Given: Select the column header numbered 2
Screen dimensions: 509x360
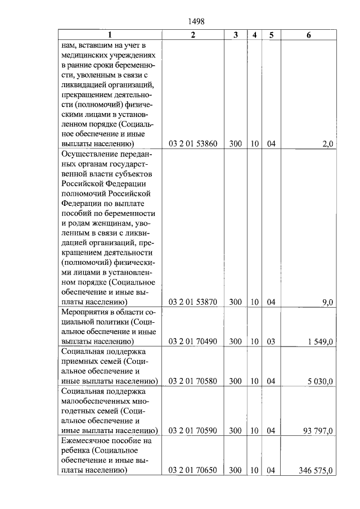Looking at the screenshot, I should coord(193,34).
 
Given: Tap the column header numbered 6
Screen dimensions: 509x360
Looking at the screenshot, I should coord(309,34).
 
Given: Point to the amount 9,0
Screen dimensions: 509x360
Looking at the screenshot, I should coord(327,302).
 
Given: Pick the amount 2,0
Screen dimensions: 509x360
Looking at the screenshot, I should coord(327,144).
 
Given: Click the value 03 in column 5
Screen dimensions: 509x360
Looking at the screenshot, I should coord(271,341).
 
